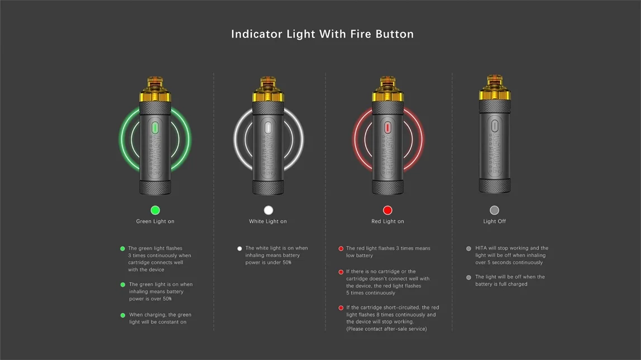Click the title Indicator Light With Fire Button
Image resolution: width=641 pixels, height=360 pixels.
click(x=322, y=34)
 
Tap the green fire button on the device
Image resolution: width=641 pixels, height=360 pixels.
click(x=155, y=128)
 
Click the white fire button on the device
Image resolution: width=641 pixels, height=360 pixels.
click(x=269, y=128)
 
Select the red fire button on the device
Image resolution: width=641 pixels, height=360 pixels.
click(x=388, y=128)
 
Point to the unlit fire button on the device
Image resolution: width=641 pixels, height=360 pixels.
click(x=494, y=128)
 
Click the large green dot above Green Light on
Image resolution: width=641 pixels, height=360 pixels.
click(x=155, y=210)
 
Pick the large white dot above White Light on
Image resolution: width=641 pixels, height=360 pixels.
click(x=269, y=210)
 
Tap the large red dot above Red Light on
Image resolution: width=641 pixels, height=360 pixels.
click(x=388, y=210)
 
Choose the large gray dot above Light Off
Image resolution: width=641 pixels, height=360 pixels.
click(x=494, y=210)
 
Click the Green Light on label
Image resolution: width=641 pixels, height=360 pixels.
click(x=155, y=222)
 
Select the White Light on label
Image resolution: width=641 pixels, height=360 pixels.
click(x=268, y=222)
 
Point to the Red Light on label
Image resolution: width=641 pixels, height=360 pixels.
click(x=388, y=222)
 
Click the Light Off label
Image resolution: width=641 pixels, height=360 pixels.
click(x=494, y=222)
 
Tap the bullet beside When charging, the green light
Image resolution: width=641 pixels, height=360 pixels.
click(x=123, y=315)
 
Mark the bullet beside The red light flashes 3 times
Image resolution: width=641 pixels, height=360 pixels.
click(x=341, y=249)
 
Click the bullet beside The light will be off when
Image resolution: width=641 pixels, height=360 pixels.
click(x=468, y=277)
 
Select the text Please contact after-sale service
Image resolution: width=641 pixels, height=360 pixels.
click(x=386, y=329)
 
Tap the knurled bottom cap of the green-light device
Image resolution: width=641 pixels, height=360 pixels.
click(x=155, y=187)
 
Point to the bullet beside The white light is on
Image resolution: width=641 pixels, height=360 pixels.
click(x=240, y=249)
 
